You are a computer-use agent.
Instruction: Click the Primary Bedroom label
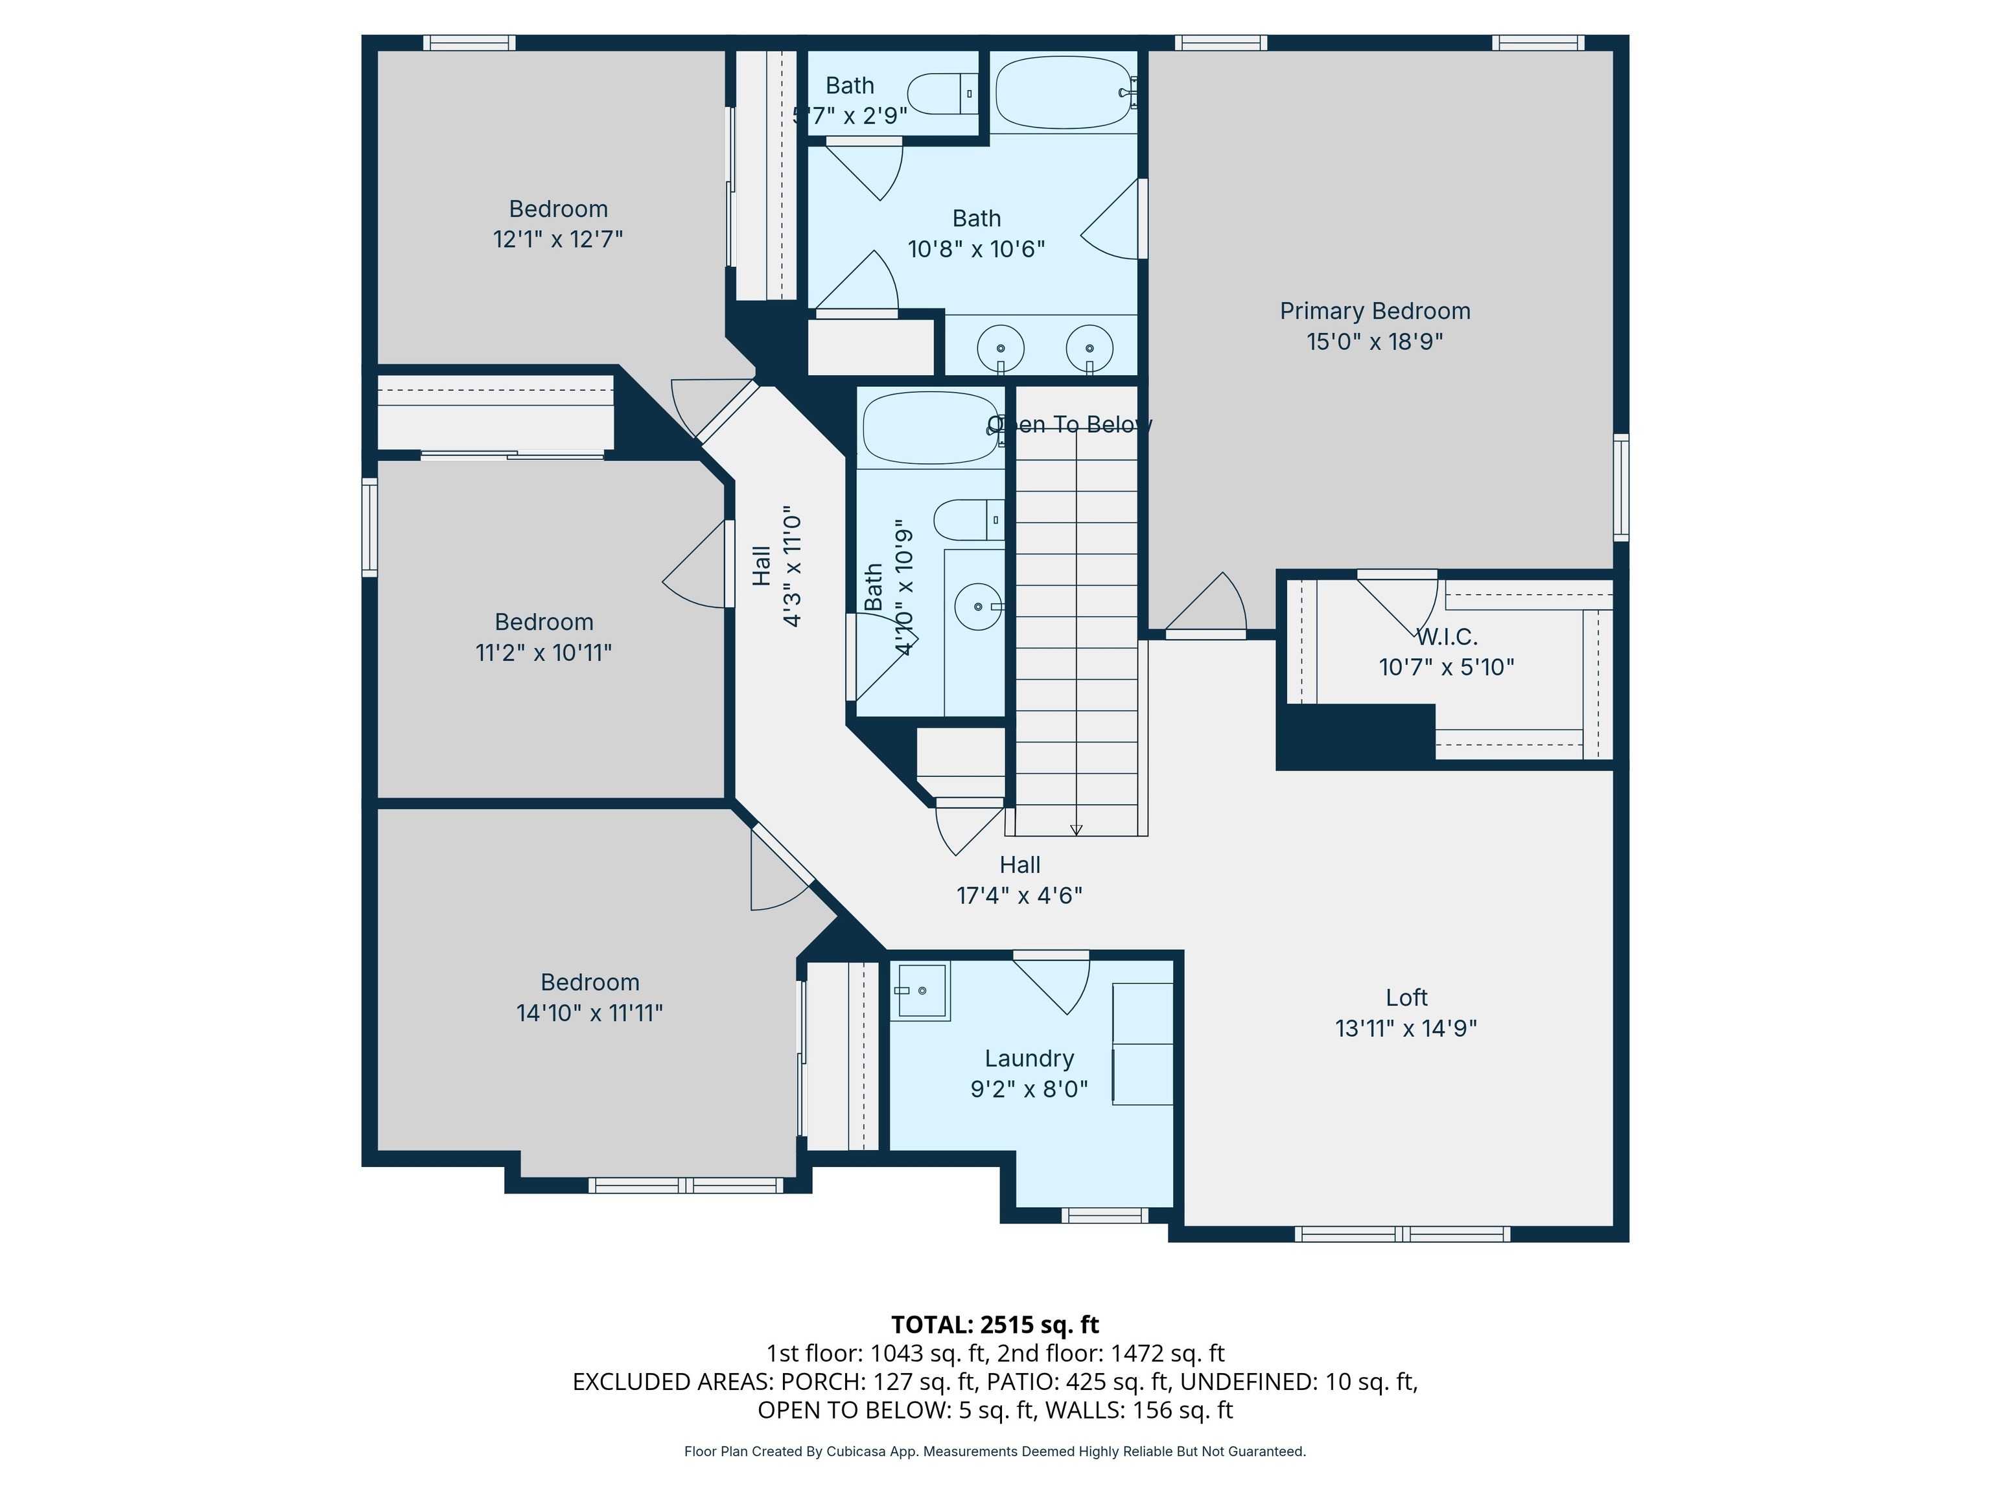pyautogui.click(x=1375, y=312)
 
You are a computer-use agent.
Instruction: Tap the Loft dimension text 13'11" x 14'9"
pyautogui.click(x=1405, y=1028)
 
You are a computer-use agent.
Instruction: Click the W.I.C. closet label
pyautogui.click(x=1447, y=637)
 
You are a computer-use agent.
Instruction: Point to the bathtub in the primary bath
pyautogui.click(x=1063, y=93)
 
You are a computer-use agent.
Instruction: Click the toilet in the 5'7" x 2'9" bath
pyautogui.click(x=940, y=93)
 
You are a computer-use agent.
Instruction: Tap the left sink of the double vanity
pyautogui.click(x=1000, y=347)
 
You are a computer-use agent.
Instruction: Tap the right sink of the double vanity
pyautogui.click(x=1089, y=347)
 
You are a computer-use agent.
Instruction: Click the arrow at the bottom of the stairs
pyautogui.click(x=1076, y=829)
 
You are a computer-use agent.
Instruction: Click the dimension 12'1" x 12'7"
pyautogui.click(x=557, y=239)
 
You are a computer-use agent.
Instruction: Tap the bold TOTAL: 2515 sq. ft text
pyautogui.click(x=995, y=1325)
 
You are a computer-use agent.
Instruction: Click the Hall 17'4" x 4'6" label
pyautogui.click(x=1019, y=880)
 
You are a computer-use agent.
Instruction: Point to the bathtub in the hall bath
pyautogui.click(x=930, y=428)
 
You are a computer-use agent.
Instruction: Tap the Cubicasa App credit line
pyautogui.click(x=995, y=1452)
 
